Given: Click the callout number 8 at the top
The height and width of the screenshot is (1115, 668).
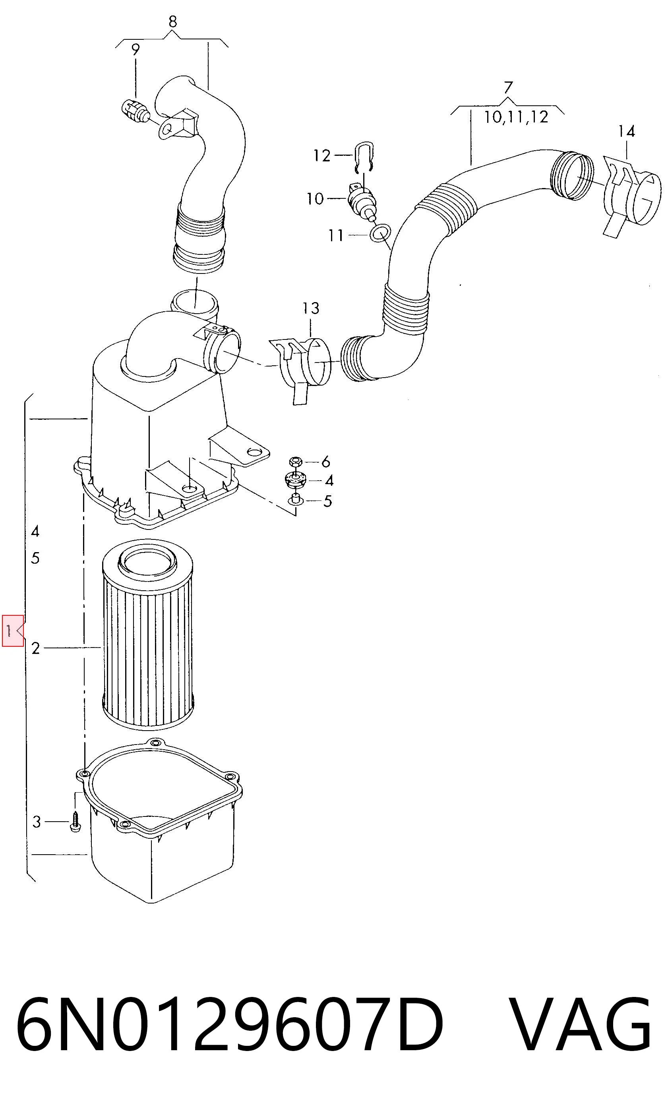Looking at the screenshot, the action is pos(173,21).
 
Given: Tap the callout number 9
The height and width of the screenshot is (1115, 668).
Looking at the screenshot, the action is pos(136,50).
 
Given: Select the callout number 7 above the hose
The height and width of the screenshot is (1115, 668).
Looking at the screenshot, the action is pos(508,87).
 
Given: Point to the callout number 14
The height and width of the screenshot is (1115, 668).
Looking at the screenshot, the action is pos(627,132).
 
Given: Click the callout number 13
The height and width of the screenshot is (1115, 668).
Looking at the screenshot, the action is pos(311,308).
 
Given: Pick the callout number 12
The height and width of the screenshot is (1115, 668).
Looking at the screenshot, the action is pos(322,156).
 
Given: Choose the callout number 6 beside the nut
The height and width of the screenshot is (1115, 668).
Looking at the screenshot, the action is pos(325,462).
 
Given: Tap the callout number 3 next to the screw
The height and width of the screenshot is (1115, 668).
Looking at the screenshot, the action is pos(37,822).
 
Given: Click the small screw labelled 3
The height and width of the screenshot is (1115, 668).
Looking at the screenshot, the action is pos(75,822).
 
